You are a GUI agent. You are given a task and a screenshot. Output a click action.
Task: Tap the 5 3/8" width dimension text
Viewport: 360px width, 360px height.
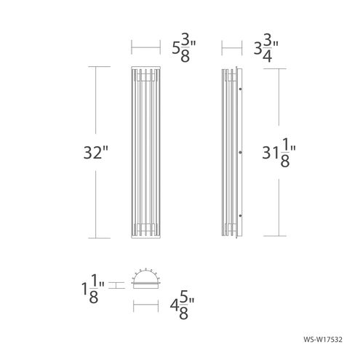point(182,50)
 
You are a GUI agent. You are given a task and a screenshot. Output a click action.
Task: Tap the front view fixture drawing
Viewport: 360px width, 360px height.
point(145,153)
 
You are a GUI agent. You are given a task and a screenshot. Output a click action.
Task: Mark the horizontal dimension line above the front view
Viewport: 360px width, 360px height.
point(145,50)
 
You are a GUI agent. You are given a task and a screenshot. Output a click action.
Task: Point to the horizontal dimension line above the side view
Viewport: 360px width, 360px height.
point(231,50)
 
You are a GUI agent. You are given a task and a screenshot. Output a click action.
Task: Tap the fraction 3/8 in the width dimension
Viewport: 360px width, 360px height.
point(186,50)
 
